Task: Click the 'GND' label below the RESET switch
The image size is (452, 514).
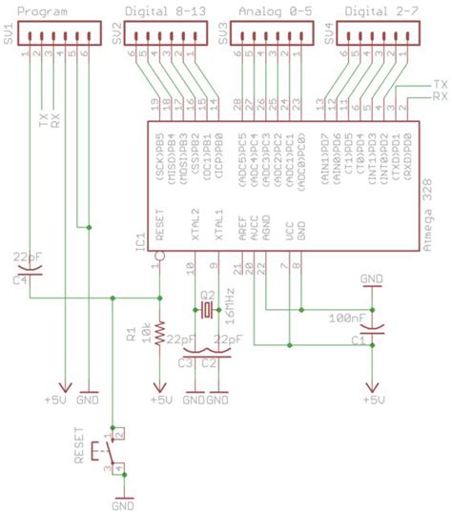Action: (x=122, y=506)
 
